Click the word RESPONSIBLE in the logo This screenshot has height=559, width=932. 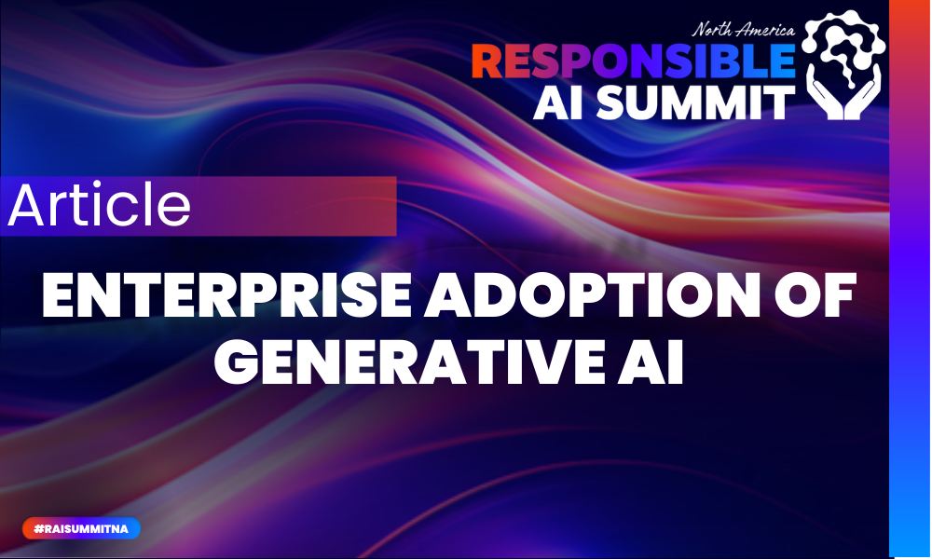(x=633, y=61)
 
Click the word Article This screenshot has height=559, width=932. (x=99, y=206)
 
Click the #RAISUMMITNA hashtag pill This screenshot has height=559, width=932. (x=81, y=528)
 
